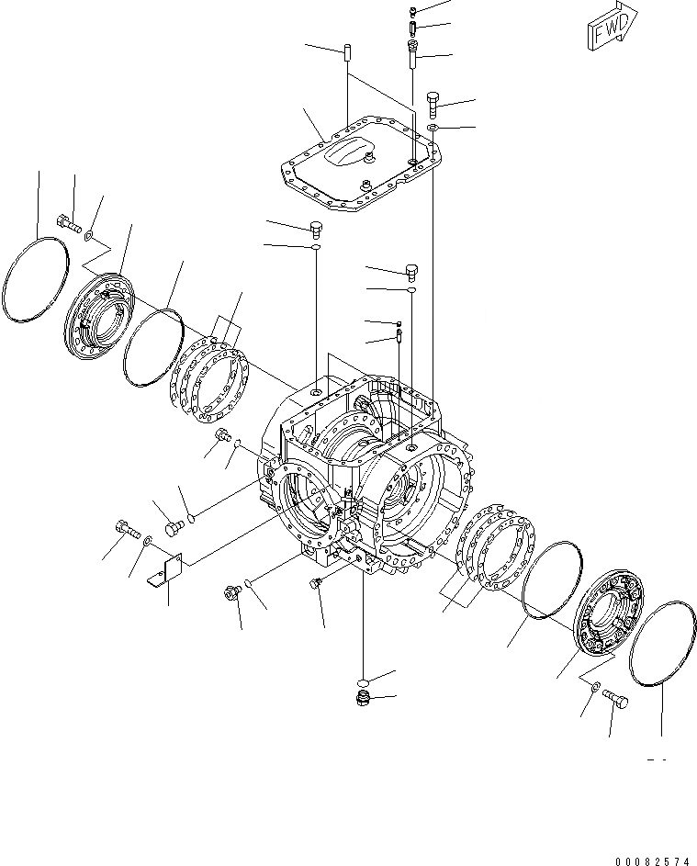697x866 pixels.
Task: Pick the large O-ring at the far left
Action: click(37, 279)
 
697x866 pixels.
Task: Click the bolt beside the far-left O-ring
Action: click(68, 221)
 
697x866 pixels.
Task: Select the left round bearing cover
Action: click(101, 311)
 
